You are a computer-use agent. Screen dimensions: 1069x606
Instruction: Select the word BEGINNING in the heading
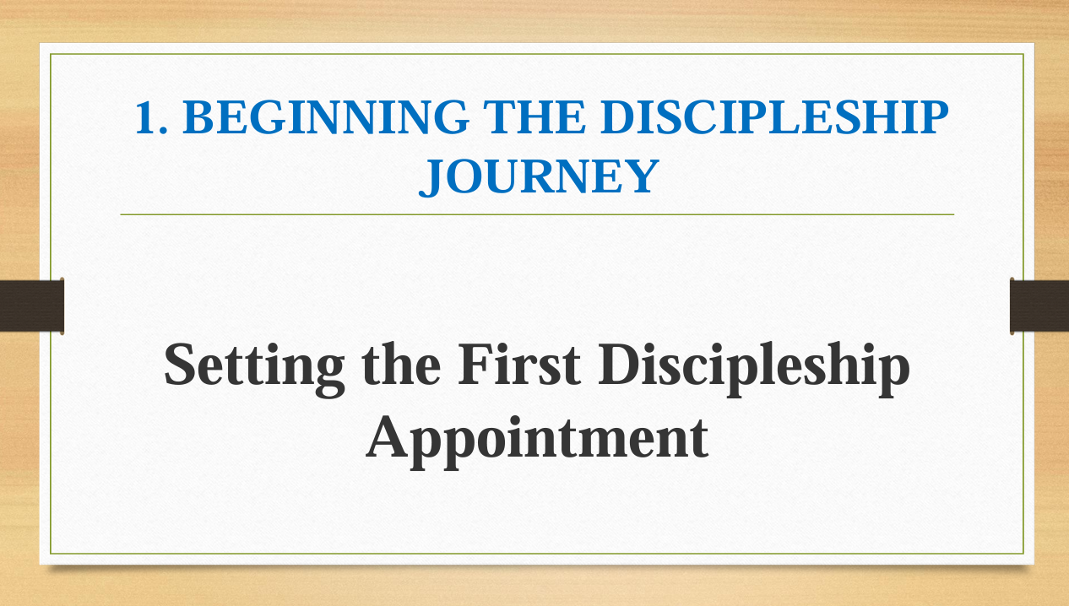(326, 117)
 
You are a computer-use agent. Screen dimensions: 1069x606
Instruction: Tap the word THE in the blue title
(534, 117)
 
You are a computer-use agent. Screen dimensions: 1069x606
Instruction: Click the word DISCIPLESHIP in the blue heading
(774, 117)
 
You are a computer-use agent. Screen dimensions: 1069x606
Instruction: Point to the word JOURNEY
(539, 176)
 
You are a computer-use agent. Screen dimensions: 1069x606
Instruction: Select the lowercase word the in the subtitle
(401, 365)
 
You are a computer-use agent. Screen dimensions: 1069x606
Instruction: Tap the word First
(519, 364)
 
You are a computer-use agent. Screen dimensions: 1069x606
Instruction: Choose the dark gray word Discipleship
(753, 368)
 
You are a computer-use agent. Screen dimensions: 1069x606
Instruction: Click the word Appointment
(537, 441)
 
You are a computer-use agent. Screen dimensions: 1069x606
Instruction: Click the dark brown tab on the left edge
(32, 306)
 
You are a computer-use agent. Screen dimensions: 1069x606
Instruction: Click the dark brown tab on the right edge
(1039, 306)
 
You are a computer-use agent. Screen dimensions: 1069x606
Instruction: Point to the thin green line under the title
(537, 214)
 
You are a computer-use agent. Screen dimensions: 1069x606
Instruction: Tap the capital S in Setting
(180, 364)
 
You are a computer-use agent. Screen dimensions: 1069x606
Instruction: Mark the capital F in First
(476, 364)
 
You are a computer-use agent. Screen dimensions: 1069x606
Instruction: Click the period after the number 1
(163, 130)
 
